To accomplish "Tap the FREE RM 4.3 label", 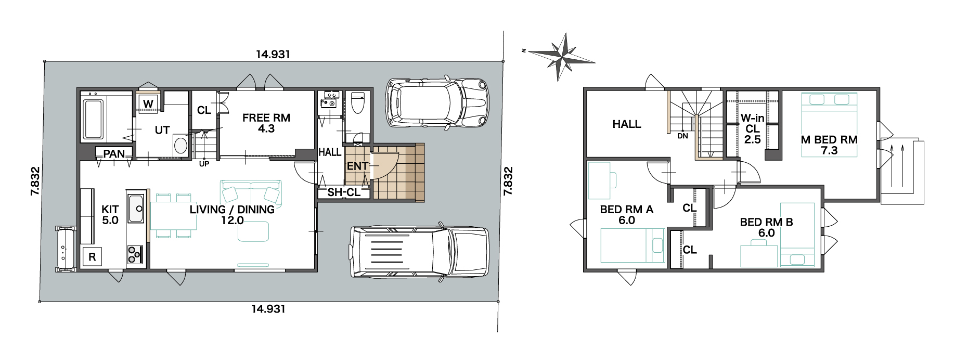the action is click(x=266, y=123).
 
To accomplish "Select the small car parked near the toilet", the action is click(x=437, y=103).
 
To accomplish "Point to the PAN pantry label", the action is click(x=114, y=154).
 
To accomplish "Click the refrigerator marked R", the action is click(x=92, y=257).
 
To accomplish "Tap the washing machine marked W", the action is click(x=148, y=103).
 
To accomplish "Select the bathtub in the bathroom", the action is click(x=93, y=119).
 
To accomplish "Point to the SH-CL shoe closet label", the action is click(x=344, y=192).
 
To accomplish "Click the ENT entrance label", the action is click(x=357, y=166).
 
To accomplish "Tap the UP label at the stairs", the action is click(x=204, y=164).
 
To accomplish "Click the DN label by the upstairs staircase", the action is click(x=683, y=136).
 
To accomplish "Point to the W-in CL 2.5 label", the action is click(x=753, y=129).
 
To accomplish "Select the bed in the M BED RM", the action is click(x=829, y=124).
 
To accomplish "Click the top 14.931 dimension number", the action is click(x=273, y=54).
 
